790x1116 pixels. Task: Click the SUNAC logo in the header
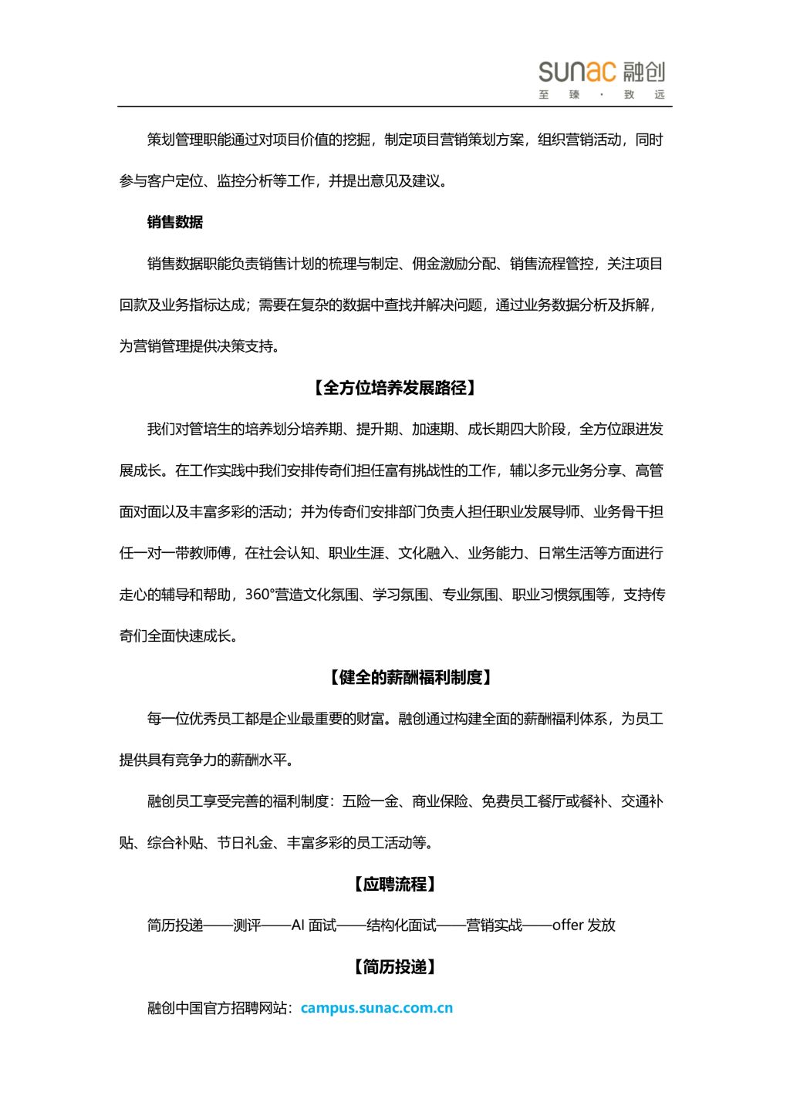tap(601, 72)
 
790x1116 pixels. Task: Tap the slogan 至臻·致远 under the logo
tap(601, 95)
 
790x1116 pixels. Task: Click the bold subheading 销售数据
tap(175, 222)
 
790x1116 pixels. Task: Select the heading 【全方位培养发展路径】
tap(394, 388)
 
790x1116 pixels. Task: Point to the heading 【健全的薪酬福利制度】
tap(411, 678)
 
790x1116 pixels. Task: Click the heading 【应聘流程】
tap(394, 885)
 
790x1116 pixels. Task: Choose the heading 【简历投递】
tap(394, 967)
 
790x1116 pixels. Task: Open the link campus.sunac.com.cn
tap(376, 1008)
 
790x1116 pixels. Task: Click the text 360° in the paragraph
tap(259, 595)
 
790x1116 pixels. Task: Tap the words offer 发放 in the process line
tap(583, 926)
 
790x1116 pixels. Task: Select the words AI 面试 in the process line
tap(314, 926)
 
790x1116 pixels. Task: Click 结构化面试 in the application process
tap(401, 926)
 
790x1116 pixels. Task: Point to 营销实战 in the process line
tap(495, 926)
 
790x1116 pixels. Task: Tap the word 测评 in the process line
tap(247, 926)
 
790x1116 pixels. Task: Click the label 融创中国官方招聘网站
tap(217, 1008)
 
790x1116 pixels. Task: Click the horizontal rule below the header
tap(394, 106)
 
